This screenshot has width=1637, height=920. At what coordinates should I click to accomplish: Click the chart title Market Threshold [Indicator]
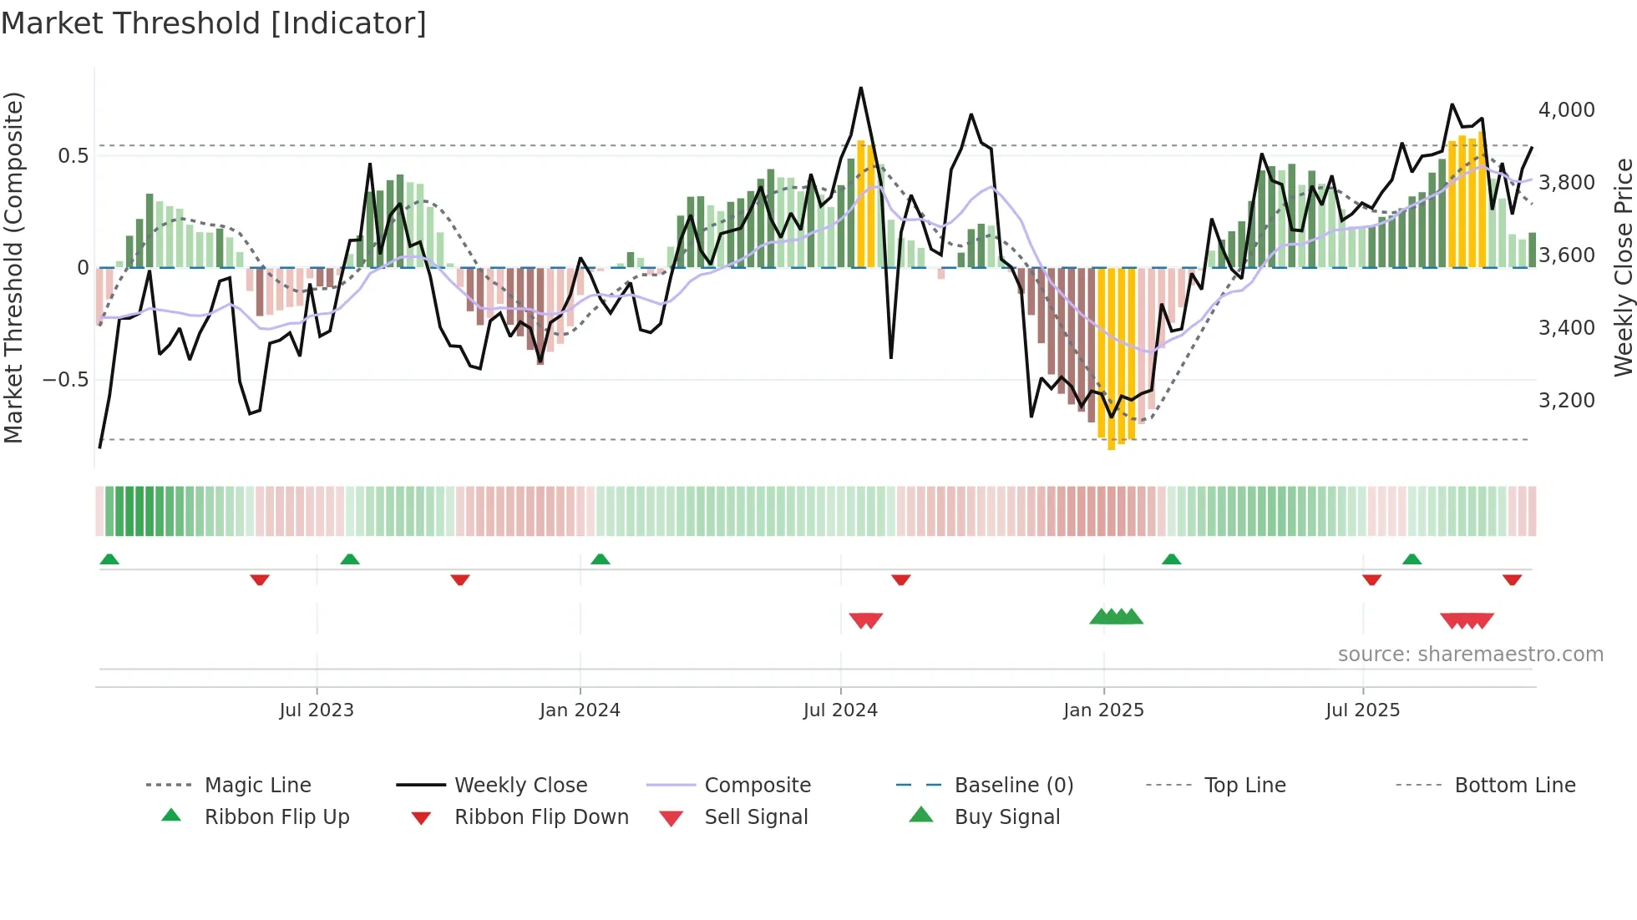(214, 23)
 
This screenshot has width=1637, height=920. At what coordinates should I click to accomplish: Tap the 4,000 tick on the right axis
(1566, 110)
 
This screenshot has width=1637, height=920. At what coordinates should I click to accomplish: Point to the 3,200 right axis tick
(1566, 401)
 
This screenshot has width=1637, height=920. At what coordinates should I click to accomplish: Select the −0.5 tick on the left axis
(65, 380)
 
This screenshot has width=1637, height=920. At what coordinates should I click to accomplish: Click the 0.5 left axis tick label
(73, 156)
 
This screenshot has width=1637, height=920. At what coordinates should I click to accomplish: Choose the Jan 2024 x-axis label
(580, 710)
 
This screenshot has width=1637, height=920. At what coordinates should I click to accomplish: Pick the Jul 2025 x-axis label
(1362, 710)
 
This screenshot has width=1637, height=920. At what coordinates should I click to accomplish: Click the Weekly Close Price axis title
(1623, 267)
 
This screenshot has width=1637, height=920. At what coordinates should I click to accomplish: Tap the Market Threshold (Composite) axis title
(14, 267)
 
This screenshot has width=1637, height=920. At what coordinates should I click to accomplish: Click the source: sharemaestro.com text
(1470, 655)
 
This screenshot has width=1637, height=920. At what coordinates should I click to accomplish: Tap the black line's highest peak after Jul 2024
(861, 88)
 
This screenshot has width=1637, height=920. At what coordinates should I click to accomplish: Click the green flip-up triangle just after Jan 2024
(600, 559)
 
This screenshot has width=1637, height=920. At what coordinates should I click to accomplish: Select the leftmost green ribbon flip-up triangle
(109, 559)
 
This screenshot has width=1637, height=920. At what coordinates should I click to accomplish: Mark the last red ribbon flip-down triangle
(1512, 579)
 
